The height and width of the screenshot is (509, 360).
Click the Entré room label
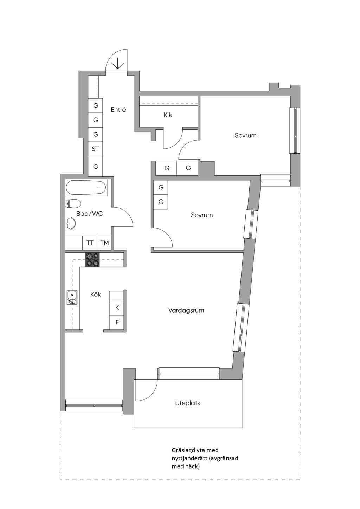click(118, 110)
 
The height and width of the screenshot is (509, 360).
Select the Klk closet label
click(168, 115)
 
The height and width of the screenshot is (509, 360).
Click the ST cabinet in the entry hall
click(95, 149)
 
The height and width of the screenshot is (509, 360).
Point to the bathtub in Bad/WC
click(86, 187)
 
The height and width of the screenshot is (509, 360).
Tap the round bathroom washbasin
click(70, 223)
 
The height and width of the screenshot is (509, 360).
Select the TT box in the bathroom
click(90, 243)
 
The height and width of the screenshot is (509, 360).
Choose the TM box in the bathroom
click(104, 243)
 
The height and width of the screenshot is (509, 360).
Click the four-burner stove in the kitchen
click(92, 260)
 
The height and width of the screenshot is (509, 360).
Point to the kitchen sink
click(72, 298)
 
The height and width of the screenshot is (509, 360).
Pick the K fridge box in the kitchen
click(117, 308)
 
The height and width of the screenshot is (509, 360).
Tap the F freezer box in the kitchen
click(117, 322)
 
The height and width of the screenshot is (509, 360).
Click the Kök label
click(96, 295)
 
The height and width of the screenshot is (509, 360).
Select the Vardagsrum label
click(186, 310)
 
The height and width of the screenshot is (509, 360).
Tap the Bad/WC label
click(90, 214)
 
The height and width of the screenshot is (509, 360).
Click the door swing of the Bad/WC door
click(128, 214)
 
